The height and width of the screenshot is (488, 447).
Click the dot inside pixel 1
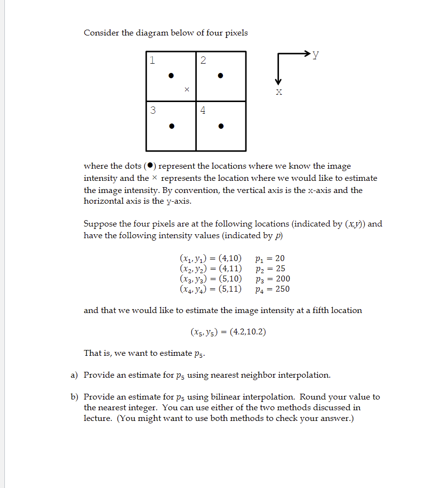point(170,75)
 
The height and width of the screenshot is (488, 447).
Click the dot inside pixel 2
point(221,75)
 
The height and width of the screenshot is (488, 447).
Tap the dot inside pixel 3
point(170,126)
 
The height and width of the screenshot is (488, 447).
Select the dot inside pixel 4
point(221,126)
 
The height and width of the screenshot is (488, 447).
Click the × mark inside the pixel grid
point(186,89)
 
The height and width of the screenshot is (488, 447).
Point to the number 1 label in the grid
point(153,60)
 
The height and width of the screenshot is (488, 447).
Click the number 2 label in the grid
point(203,60)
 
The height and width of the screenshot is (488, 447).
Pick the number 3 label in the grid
point(153,110)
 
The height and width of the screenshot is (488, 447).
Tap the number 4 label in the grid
point(203,110)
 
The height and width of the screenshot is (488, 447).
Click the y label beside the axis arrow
point(316,54)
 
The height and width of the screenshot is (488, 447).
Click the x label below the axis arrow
point(279,92)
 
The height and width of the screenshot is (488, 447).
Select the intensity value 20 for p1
point(280,258)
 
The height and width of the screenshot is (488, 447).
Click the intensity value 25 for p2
point(280,268)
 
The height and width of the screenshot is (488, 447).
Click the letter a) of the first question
point(74,375)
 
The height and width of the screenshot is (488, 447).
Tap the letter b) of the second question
point(74,397)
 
